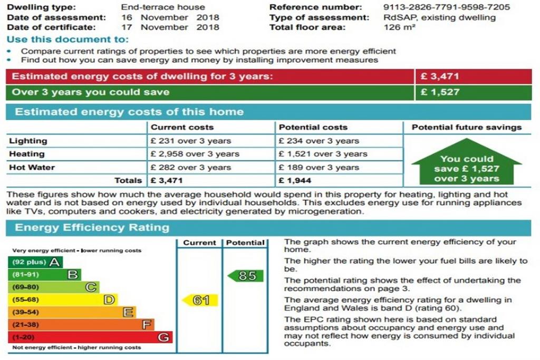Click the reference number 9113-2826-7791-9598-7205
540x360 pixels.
pyautogui.click(x=446, y=7)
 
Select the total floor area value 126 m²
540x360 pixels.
pyautogui.click(x=399, y=27)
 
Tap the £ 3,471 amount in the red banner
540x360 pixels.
pyautogui.click(x=440, y=76)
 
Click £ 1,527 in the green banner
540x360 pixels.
pyautogui.click(x=440, y=92)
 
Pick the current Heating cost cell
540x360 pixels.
pyautogui.click(x=195, y=154)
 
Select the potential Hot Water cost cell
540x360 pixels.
pyautogui.click(x=319, y=168)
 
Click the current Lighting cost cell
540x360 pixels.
pyautogui.click(x=191, y=141)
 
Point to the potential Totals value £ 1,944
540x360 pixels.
pyautogui.click(x=295, y=180)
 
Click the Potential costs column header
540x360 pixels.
pyautogui.click(x=313, y=128)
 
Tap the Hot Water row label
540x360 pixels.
pyautogui.click(x=32, y=168)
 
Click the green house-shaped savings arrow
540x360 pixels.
pyautogui.click(x=467, y=162)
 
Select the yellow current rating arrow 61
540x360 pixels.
pyautogui.click(x=200, y=300)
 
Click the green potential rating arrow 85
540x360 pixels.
pyautogui.click(x=246, y=276)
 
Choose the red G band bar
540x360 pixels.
pyautogui.click(x=90, y=337)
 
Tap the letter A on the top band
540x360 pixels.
pyautogui.click(x=55, y=262)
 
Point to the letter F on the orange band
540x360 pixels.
pyautogui.click(x=147, y=325)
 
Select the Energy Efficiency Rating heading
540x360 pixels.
pyautogui.click(x=92, y=228)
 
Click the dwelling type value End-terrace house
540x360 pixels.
pyautogui.click(x=163, y=7)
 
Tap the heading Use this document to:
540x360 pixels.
pyautogui.click(x=68, y=39)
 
